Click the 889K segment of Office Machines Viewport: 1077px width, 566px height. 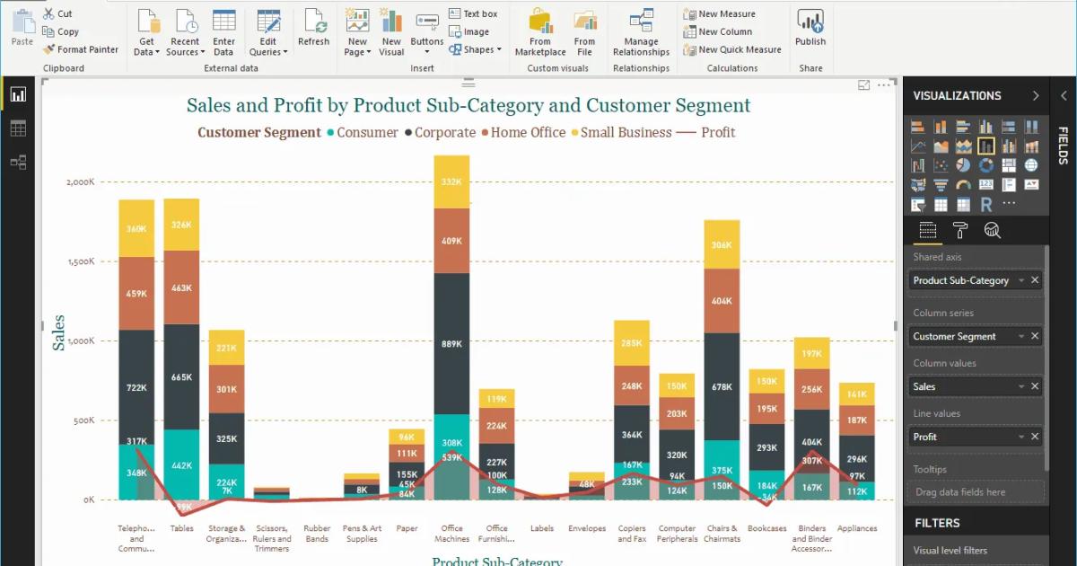[451, 343]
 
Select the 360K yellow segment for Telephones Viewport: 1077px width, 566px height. [136, 228]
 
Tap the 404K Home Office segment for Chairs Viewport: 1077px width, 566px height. [722, 301]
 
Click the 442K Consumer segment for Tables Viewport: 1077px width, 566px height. [181, 464]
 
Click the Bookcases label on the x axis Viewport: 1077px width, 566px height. [766, 528]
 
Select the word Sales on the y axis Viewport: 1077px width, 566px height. [59, 332]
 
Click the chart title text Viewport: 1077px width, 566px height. [468, 106]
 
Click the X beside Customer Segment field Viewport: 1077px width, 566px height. [1035, 336]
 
